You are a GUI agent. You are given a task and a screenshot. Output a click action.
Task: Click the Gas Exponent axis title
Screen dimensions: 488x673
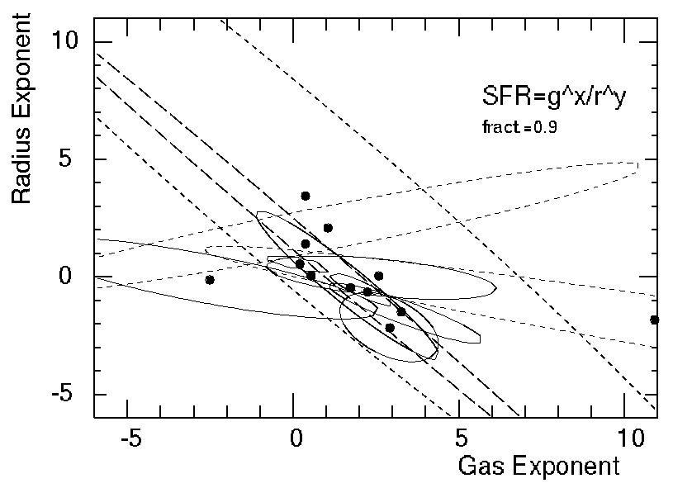pos(538,467)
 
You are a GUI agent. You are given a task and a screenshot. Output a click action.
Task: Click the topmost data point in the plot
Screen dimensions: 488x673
pos(306,196)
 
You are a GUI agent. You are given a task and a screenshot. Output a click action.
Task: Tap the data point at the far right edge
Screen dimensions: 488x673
pos(655,320)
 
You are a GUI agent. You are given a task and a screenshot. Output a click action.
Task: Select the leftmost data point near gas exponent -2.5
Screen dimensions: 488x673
pos(210,280)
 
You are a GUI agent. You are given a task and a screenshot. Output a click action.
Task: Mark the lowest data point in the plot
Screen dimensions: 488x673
pos(390,328)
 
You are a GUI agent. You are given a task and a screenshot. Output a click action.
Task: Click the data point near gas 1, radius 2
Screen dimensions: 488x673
pos(328,228)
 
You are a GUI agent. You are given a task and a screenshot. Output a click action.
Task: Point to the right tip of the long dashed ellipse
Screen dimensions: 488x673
pos(638,166)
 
